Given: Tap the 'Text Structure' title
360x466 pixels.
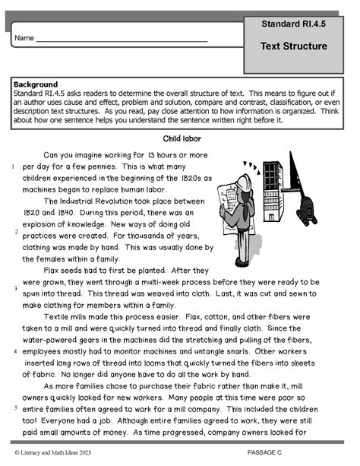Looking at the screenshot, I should tap(293, 46).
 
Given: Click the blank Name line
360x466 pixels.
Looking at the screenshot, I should tap(122, 38).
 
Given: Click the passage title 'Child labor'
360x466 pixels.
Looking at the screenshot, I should tap(180, 139).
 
